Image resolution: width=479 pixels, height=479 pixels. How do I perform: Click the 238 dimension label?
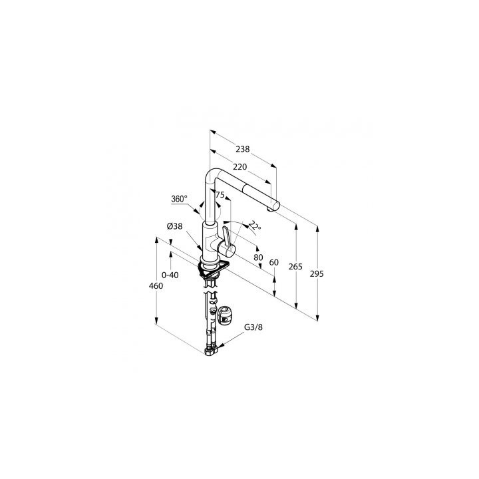pos(243,149)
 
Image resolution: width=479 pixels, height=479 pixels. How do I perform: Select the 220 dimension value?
pos(239,167)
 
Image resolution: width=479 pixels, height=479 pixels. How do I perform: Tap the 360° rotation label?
pos(179,199)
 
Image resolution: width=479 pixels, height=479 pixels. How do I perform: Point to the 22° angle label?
pos(255,226)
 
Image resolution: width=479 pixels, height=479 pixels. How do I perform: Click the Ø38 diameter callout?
pos(175,226)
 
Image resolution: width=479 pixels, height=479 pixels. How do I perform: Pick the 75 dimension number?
pos(220,194)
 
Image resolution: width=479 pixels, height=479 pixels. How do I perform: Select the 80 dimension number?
pos(258,257)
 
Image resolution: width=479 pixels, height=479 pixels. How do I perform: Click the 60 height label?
pos(274,262)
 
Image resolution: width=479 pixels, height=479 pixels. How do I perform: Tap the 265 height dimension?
pos(295,267)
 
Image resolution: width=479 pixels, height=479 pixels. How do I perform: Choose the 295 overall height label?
pos(317,274)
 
